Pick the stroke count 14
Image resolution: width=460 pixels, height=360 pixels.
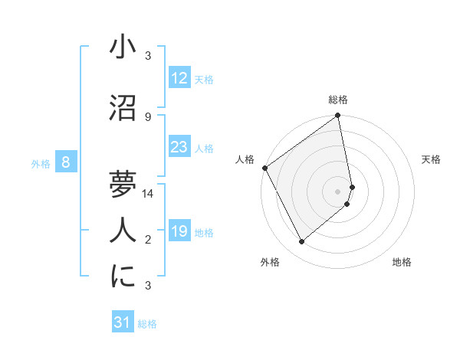[148, 194]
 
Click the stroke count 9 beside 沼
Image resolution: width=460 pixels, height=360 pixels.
[148, 116]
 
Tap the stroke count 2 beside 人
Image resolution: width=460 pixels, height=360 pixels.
[148, 240]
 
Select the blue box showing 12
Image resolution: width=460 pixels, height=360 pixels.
[179, 77]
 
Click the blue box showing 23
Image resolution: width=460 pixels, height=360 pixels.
[179, 146]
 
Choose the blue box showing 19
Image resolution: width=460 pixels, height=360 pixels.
[179, 231]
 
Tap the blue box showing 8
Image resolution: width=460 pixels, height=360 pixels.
[67, 162]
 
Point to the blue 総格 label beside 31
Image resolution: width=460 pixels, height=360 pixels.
[147, 324]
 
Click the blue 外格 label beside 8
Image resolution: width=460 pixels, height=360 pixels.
[41, 163]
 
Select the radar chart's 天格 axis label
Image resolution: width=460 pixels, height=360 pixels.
[432, 159]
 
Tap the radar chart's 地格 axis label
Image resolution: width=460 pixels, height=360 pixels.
[402, 262]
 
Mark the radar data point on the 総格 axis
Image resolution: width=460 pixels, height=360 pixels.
[338, 116]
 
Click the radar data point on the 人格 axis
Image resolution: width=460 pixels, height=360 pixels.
[264, 168]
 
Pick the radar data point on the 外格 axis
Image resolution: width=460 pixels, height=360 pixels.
[302, 242]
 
